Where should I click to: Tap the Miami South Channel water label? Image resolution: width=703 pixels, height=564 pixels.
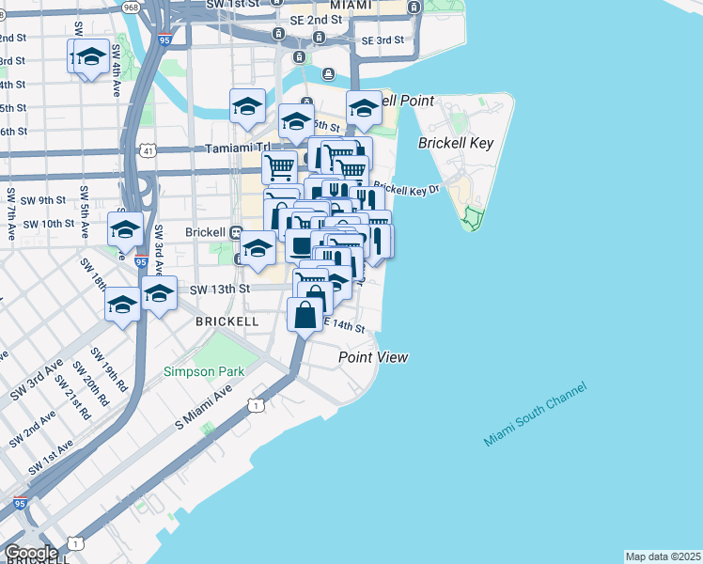coord(536,415)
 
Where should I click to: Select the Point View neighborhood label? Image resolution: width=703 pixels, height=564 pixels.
coord(373,357)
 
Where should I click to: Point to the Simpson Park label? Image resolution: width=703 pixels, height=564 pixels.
coord(204,371)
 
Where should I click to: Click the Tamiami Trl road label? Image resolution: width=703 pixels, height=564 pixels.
coord(237,149)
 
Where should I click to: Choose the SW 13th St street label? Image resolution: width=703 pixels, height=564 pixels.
coord(221,290)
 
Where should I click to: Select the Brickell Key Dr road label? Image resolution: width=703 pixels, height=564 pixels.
coord(406,189)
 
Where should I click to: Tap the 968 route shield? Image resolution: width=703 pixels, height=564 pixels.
coord(130,7)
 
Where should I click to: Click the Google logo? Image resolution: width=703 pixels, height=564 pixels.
coord(30,553)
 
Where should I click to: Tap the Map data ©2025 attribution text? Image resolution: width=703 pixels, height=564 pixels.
coord(664,556)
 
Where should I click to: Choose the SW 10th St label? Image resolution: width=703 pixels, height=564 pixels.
coord(48,224)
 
